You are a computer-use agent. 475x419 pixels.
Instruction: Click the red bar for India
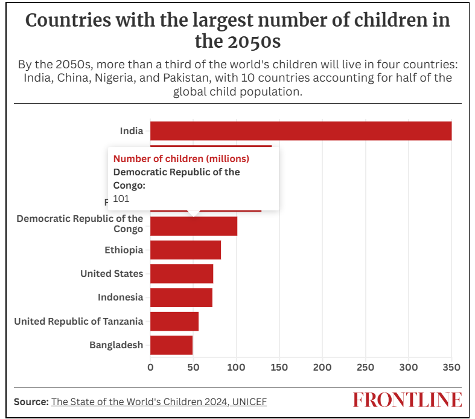(301, 131)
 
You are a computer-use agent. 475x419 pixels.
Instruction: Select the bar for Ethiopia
(185, 250)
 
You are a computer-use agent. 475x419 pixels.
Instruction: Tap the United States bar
(182, 273)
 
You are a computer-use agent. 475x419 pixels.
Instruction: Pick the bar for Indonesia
(181, 297)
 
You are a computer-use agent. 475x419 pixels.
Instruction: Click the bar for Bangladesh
(171, 345)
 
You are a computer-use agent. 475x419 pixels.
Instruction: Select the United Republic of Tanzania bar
(174, 321)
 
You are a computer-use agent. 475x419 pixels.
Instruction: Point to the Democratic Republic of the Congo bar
(193, 226)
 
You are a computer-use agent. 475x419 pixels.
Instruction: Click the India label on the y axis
(132, 131)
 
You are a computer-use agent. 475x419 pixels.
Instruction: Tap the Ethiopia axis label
(124, 250)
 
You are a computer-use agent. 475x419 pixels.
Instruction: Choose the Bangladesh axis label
(116, 345)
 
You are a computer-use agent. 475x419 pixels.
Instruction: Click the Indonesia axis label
(121, 297)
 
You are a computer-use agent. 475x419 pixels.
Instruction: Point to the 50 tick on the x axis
(193, 367)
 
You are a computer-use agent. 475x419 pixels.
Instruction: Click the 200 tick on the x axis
(322, 367)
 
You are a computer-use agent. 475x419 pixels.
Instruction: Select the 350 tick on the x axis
(451, 367)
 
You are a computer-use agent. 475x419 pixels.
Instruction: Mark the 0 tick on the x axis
(150, 367)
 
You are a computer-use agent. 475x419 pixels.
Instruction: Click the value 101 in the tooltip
(121, 198)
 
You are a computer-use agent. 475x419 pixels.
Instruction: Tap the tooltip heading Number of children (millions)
(181, 158)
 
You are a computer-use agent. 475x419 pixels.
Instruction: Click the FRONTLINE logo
(407, 400)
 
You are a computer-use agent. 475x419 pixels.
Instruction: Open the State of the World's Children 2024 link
(159, 401)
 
